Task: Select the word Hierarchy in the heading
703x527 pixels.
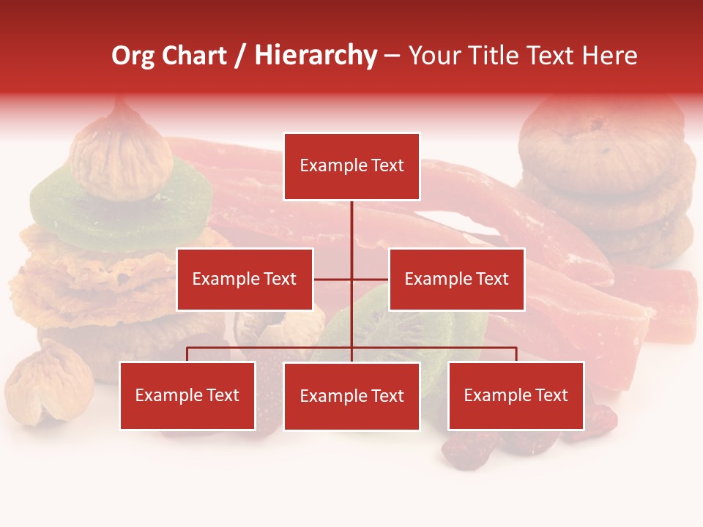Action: (x=316, y=56)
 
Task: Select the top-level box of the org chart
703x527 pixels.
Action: (x=351, y=166)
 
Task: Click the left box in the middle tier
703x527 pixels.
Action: (x=245, y=279)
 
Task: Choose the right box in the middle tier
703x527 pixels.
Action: (x=456, y=279)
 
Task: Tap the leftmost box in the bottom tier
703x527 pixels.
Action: (x=187, y=395)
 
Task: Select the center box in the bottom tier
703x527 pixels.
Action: (x=351, y=396)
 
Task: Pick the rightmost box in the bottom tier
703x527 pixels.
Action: (x=516, y=395)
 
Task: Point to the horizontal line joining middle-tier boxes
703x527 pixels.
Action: (x=334, y=279)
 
